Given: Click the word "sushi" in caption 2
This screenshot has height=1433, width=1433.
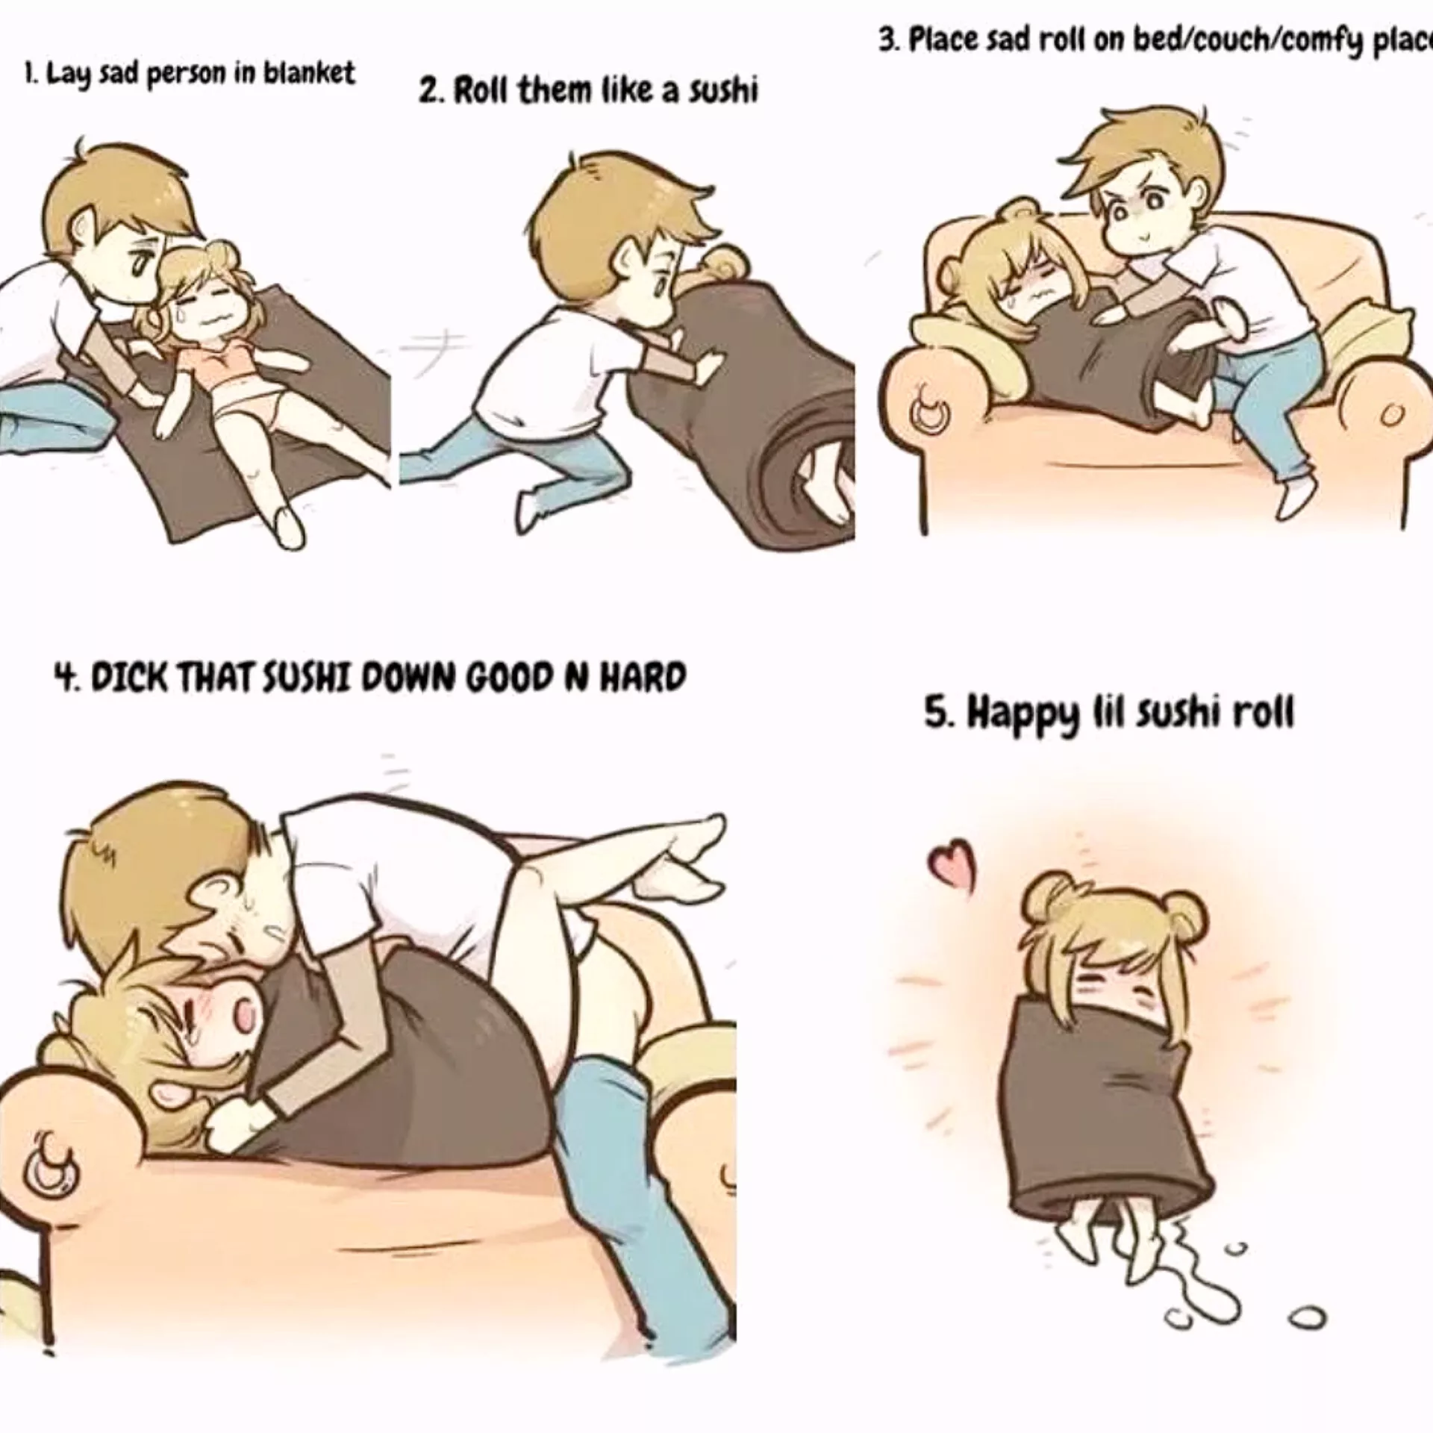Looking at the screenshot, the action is pos(721,91).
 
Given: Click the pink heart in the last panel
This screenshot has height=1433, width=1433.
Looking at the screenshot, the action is pos(951,865).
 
